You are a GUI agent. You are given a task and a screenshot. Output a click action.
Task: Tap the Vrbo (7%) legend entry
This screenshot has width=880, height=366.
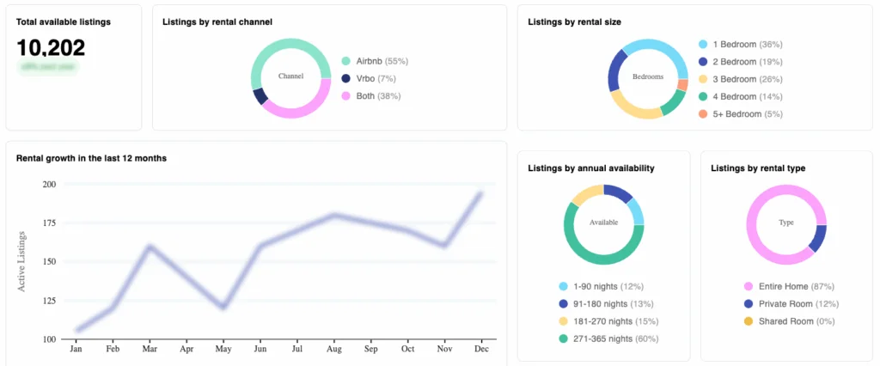tap(371, 78)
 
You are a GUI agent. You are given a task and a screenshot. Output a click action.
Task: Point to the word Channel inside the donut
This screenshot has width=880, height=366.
tap(291, 76)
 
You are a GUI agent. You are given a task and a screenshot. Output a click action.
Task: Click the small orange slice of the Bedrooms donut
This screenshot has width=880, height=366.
tap(682, 85)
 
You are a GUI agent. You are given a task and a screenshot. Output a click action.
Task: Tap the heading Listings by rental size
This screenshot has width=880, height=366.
tap(574, 21)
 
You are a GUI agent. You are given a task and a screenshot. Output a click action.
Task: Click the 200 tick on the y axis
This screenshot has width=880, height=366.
tap(48, 184)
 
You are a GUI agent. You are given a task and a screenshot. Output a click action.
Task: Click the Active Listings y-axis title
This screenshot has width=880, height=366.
tap(22, 260)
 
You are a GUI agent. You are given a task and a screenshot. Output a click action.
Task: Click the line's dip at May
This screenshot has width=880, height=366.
tap(223, 307)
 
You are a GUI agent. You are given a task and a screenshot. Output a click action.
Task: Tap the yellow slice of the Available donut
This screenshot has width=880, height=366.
tap(584, 194)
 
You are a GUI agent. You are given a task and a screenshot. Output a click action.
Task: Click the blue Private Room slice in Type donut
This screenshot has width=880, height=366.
tap(818, 238)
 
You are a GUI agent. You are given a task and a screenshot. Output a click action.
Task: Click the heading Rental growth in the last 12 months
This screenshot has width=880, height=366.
tap(91, 158)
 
